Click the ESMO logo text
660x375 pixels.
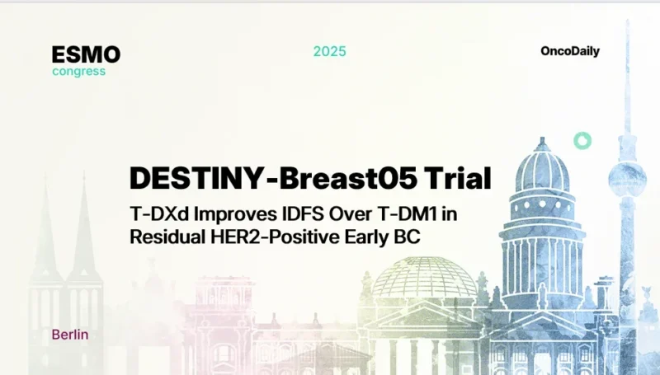pos(86,55)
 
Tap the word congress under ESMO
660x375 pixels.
pos(78,71)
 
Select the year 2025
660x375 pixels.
pos(329,51)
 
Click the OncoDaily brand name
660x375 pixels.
pos(569,51)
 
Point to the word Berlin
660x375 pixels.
pos(69,335)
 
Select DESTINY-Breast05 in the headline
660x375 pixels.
pos(266,178)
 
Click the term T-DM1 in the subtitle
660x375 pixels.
pos(408,213)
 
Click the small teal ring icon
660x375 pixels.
pos(582,141)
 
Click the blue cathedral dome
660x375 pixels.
pos(541,169)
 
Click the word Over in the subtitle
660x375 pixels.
pos(347,213)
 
